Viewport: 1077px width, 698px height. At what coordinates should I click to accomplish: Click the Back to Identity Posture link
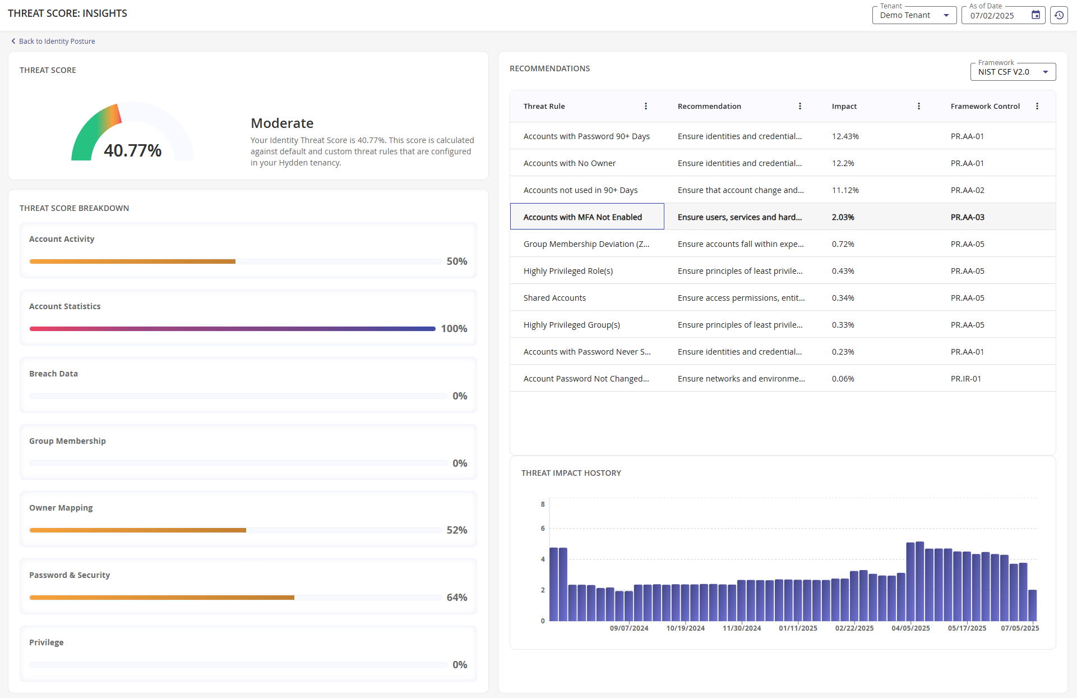click(x=57, y=42)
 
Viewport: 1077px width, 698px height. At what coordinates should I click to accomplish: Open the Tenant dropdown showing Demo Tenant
click(x=913, y=16)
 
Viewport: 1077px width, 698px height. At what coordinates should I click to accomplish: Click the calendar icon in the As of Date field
click(x=1036, y=15)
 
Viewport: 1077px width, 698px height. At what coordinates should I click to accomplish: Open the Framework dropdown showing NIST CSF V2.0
click(x=1013, y=72)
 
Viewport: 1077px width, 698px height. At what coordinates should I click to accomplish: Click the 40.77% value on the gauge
click(x=133, y=150)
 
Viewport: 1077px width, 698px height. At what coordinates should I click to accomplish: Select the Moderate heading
click(x=282, y=123)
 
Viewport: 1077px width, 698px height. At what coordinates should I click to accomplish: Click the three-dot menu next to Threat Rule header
click(x=645, y=106)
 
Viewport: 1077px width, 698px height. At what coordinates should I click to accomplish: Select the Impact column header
click(x=844, y=106)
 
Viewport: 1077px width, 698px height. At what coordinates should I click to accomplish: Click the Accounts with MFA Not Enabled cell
click(x=583, y=217)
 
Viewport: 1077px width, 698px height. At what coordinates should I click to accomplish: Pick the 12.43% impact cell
click(x=845, y=136)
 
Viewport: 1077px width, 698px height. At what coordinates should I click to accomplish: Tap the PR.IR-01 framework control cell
click(x=965, y=379)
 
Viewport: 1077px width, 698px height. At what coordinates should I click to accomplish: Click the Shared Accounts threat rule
click(x=554, y=298)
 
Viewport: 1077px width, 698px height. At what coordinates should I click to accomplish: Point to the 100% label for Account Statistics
click(x=454, y=329)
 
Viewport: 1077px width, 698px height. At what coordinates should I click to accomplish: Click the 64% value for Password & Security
click(x=456, y=598)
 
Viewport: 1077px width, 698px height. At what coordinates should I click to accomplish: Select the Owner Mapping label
click(x=61, y=508)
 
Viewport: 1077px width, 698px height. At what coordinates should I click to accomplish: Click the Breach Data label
click(x=53, y=374)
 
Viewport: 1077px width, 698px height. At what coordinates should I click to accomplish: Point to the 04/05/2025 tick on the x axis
click(x=910, y=628)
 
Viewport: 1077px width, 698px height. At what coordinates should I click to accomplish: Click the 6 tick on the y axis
click(x=542, y=529)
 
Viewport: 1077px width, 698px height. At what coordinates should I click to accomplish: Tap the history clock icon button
click(x=1058, y=16)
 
